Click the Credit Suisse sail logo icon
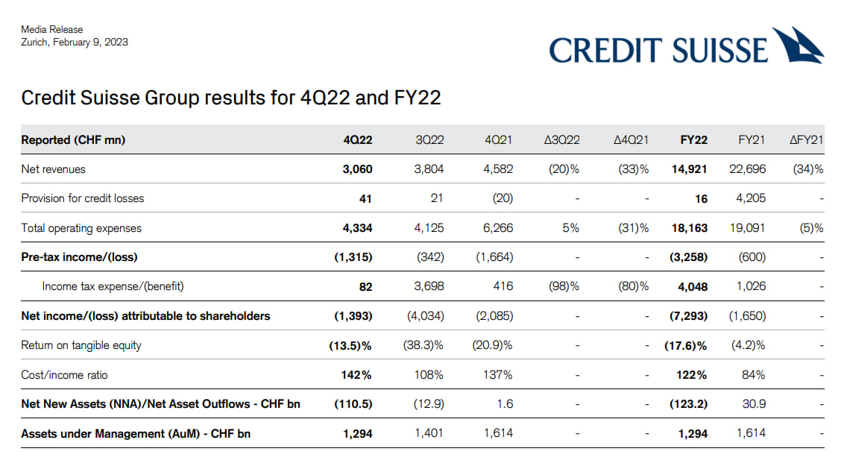point(798,45)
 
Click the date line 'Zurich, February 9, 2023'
point(75,43)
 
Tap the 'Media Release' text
point(52,30)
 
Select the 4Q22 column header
point(358,140)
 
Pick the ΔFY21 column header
point(806,140)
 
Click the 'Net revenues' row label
point(53,169)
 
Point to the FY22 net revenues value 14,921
point(689,169)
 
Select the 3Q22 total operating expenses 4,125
point(429,228)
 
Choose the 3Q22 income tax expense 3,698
point(429,286)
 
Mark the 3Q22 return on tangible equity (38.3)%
point(425,345)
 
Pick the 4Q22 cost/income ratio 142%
point(356,375)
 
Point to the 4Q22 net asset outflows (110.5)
point(353,404)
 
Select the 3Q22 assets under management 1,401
point(429,433)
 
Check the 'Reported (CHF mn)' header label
point(73,140)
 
